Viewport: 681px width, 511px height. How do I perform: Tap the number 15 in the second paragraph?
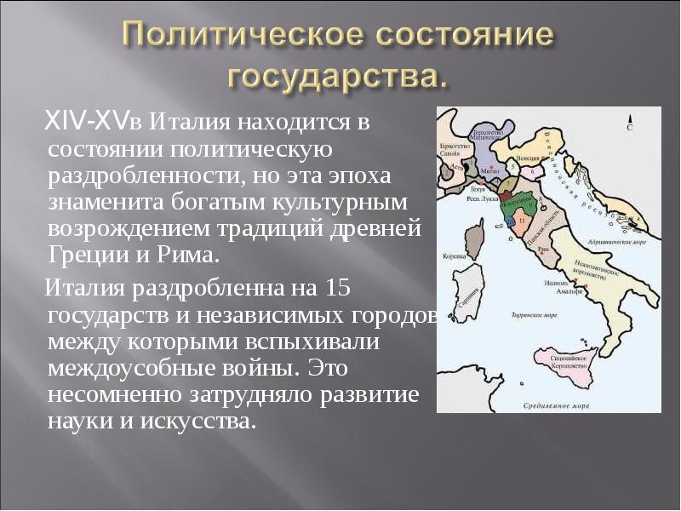[x=338, y=287]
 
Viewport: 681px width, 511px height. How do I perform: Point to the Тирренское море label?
[x=534, y=315]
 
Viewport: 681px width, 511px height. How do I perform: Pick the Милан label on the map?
[x=488, y=169]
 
